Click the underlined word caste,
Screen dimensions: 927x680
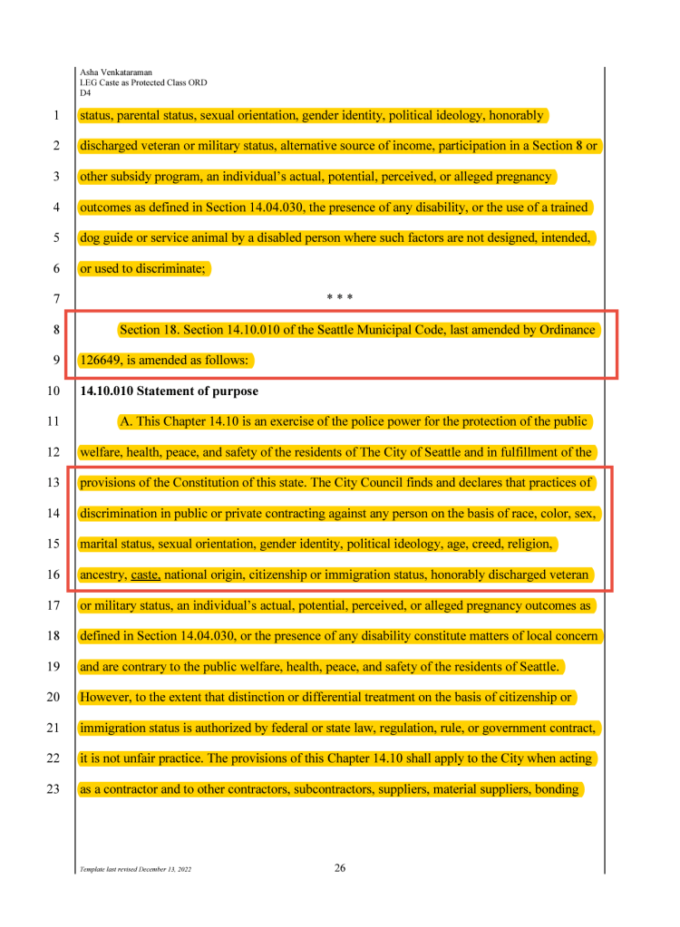pos(145,575)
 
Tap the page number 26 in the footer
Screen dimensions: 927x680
pos(340,868)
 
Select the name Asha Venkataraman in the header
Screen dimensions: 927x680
pos(117,72)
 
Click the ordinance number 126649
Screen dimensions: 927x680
pos(101,361)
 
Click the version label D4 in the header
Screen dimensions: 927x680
pos(85,92)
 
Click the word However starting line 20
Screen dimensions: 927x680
pos(106,698)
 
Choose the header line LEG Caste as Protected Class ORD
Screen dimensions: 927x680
pos(143,82)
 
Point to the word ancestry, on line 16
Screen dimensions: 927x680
pos(103,575)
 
